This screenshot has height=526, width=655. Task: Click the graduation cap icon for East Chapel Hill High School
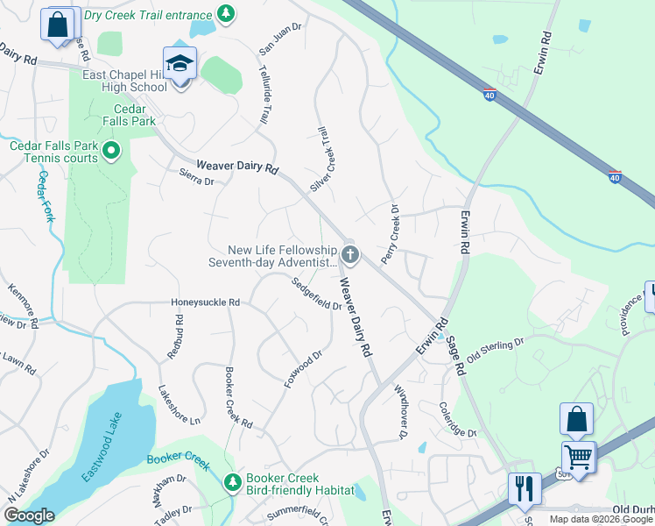[x=181, y=65]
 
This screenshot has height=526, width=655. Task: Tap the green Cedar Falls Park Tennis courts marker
[x=111, y=153]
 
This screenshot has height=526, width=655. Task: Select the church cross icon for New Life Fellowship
[x=350, y=255]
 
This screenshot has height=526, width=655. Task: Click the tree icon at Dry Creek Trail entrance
[x=226, y=13]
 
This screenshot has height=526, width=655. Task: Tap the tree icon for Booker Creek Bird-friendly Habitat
[x=232, y=482]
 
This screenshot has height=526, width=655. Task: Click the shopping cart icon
[x=578, y=456]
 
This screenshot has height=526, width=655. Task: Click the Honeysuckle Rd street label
[x=205, y=302]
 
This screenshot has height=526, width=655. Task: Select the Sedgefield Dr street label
[x=317, y=294]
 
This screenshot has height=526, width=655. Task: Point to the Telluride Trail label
[x=264, y=96]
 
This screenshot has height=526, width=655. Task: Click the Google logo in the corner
[x=30, y=515]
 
